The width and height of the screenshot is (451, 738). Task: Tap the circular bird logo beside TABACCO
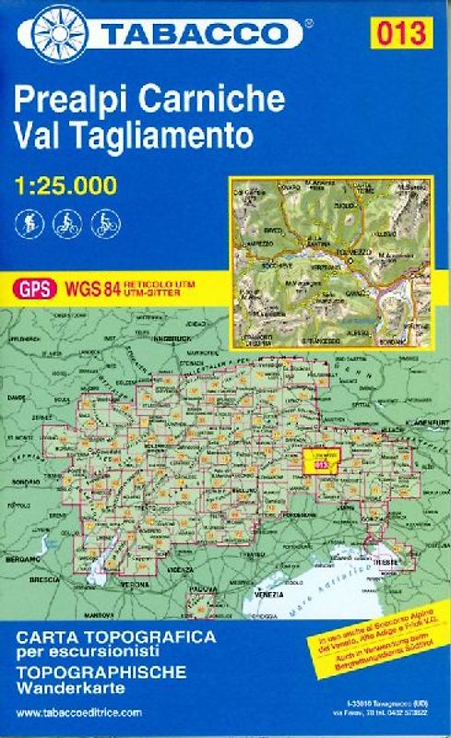57,32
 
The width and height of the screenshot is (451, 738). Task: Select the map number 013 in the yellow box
403,33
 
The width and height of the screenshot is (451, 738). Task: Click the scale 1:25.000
66,185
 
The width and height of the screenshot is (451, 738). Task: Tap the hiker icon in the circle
29,224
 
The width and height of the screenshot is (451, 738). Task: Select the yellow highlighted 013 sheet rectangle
322,461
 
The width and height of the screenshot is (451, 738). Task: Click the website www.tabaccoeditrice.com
79,713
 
